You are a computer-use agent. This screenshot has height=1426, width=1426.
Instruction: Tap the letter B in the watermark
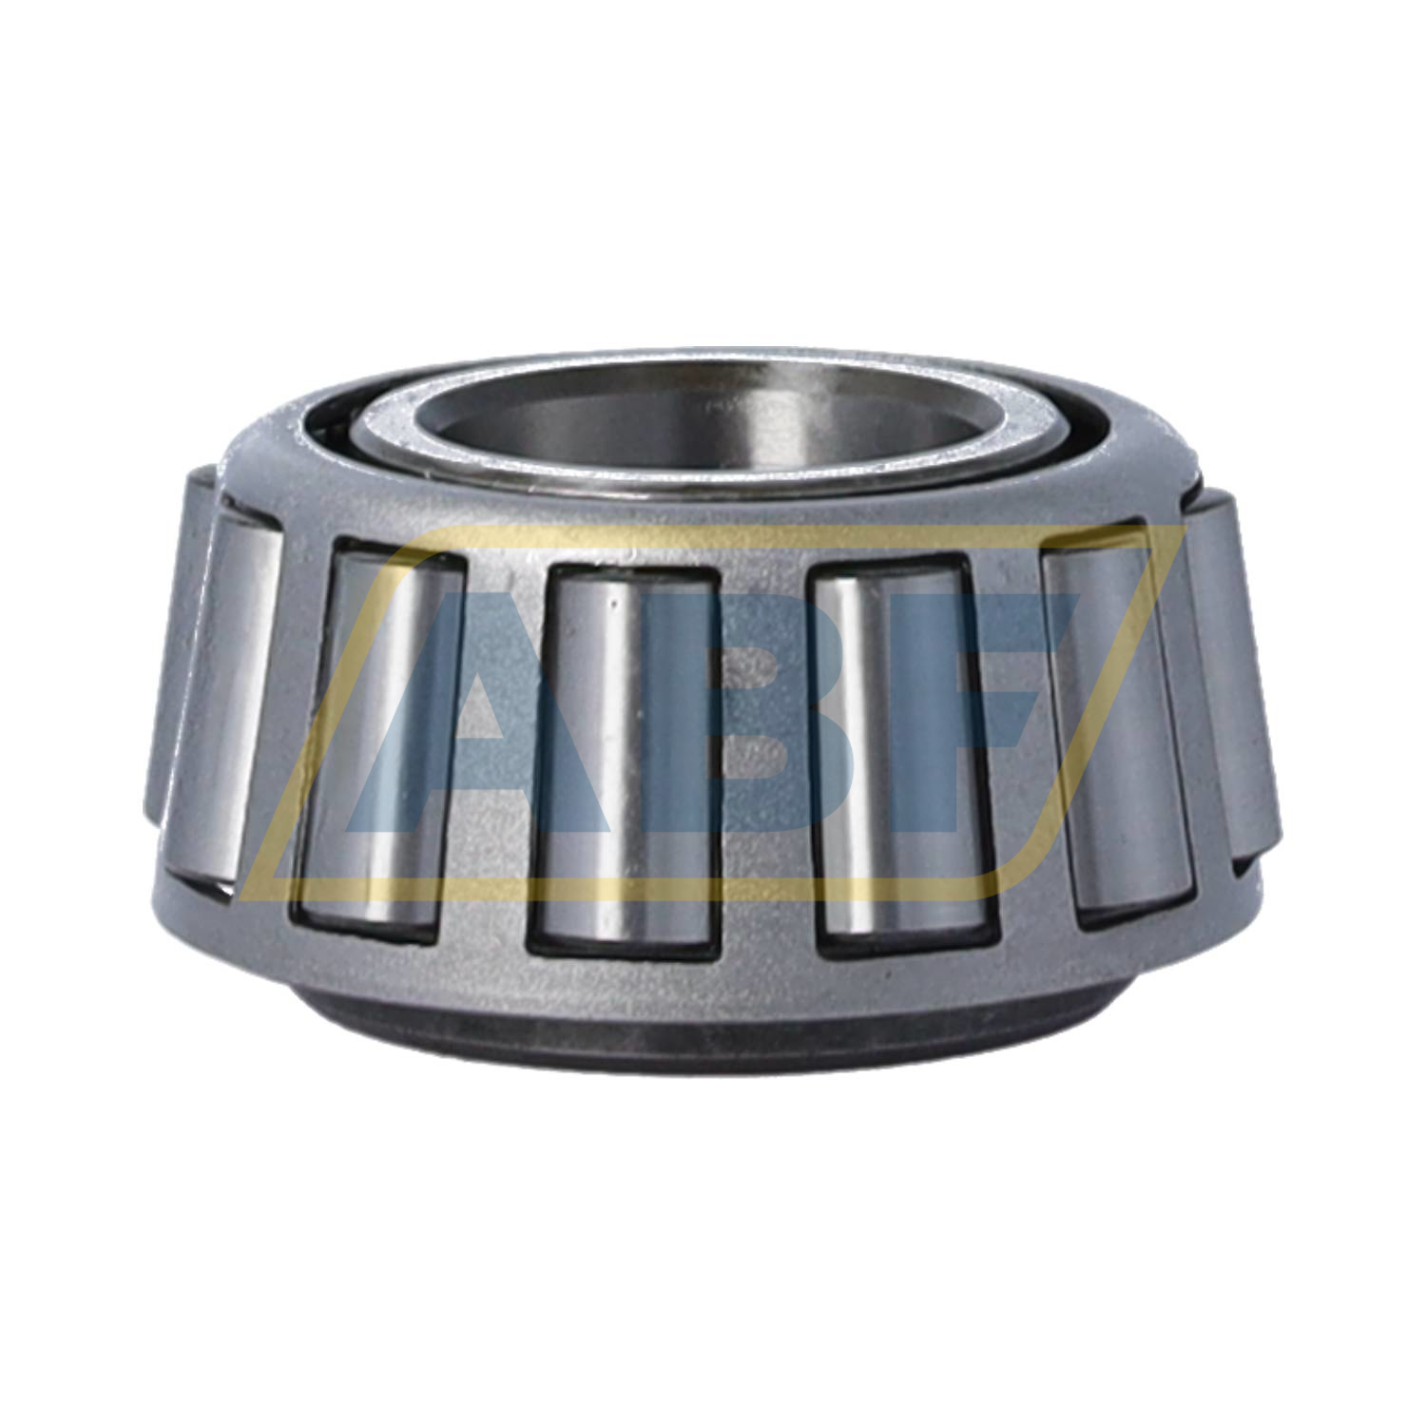point(665,723)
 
